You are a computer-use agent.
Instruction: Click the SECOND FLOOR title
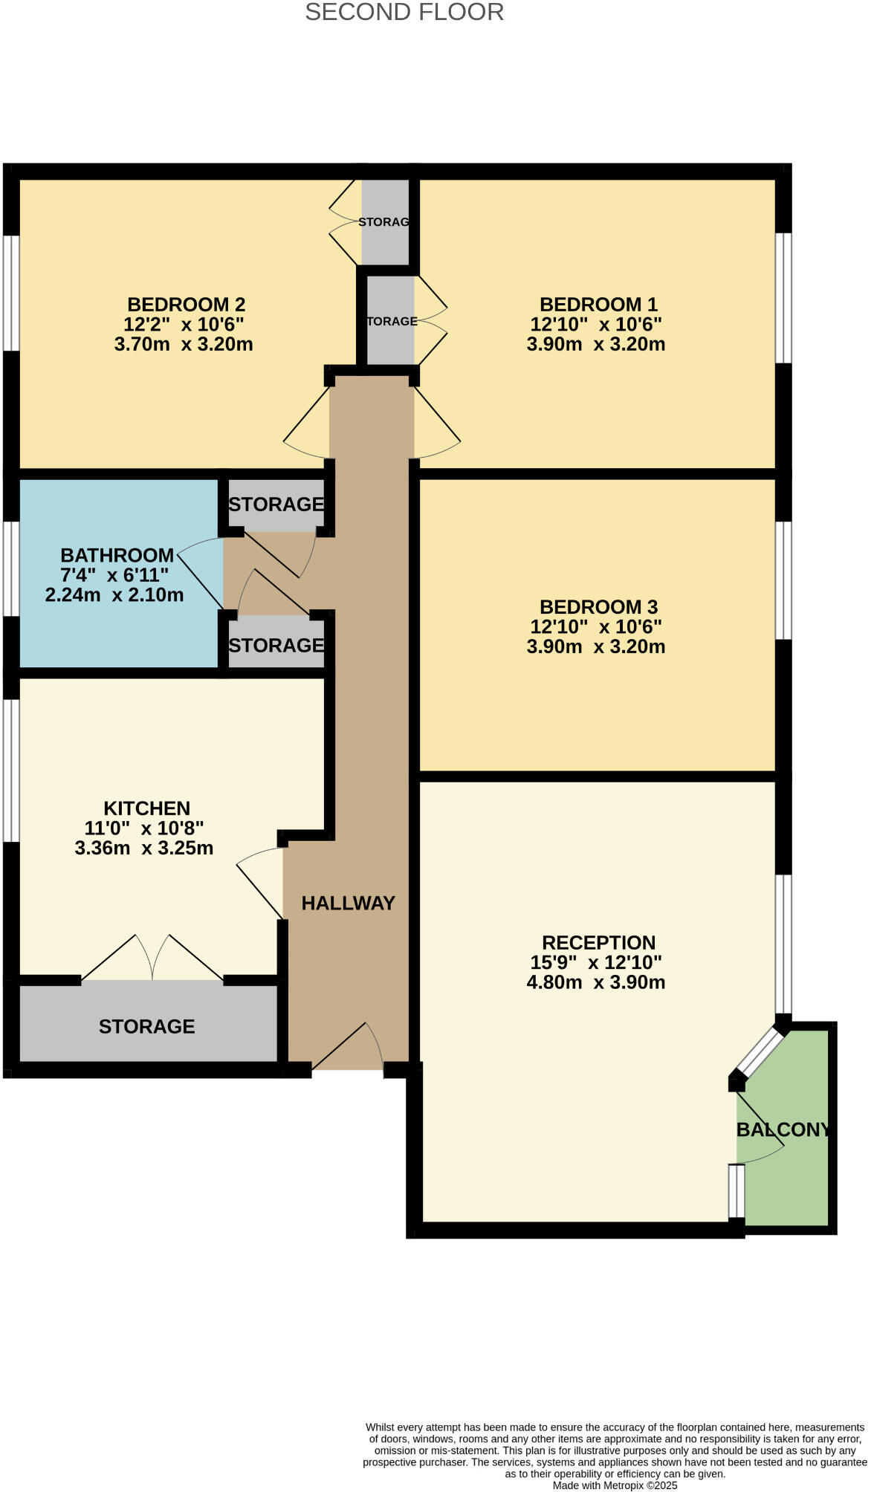(404, 12)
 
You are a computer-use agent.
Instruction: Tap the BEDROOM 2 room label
(186, 305)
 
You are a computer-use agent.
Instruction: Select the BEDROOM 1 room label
(598, 305)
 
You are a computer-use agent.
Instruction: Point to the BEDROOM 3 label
(598, 607)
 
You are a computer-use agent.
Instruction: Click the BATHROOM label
(117, 555)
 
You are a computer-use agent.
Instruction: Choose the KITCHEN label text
(146, 808)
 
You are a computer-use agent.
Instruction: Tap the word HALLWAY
(348, 903)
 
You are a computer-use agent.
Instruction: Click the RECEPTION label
(598, 943)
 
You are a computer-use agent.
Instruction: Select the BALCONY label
(783, 1130)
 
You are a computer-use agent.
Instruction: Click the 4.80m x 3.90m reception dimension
(596, 982)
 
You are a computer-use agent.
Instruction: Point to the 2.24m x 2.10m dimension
(114, 595)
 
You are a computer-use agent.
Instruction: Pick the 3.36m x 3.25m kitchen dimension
(144, 848)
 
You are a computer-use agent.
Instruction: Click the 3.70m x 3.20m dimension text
(184, 344)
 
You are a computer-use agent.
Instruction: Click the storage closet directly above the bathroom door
(276, 505)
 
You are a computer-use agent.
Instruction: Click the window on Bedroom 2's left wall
(11, 293)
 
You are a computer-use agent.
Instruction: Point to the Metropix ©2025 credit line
(615, 1485)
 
